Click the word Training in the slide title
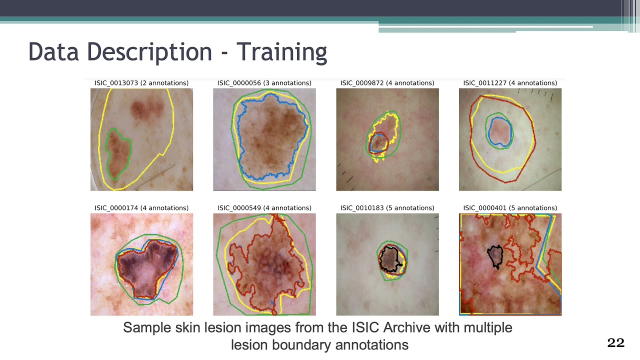tap(281, 52)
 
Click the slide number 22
tap(615, 342)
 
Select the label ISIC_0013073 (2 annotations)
tap(141, 83)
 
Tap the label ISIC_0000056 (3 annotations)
tap(264, 83)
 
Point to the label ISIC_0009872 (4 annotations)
tap(387, 83)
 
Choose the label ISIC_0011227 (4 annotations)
tap(510, 83)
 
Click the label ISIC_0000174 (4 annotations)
tap(141, 208)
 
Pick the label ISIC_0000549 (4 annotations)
tap(264, 208)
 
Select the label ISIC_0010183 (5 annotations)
tap(387, 208)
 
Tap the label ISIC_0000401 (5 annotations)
tap(510, 208)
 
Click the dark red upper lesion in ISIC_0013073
tap(147, 109)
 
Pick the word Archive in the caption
tap(407, 328)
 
